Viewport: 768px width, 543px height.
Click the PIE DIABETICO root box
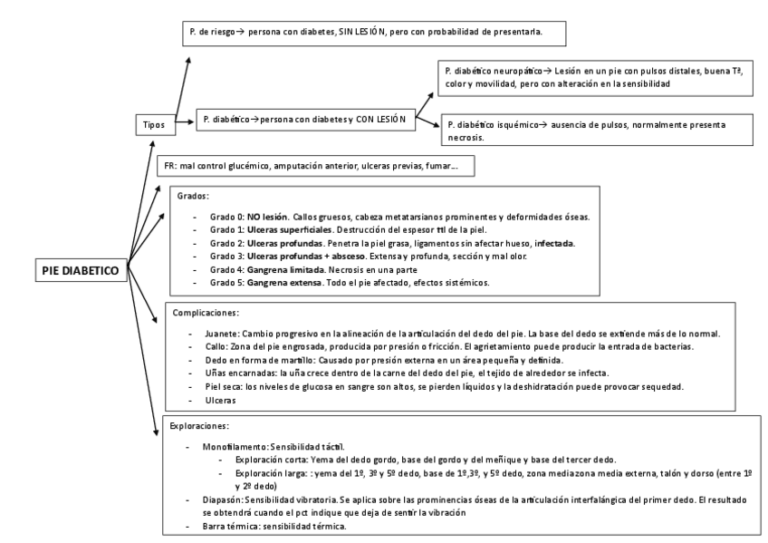pos(82,269)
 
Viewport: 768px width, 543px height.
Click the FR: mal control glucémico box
pos(313,167)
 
